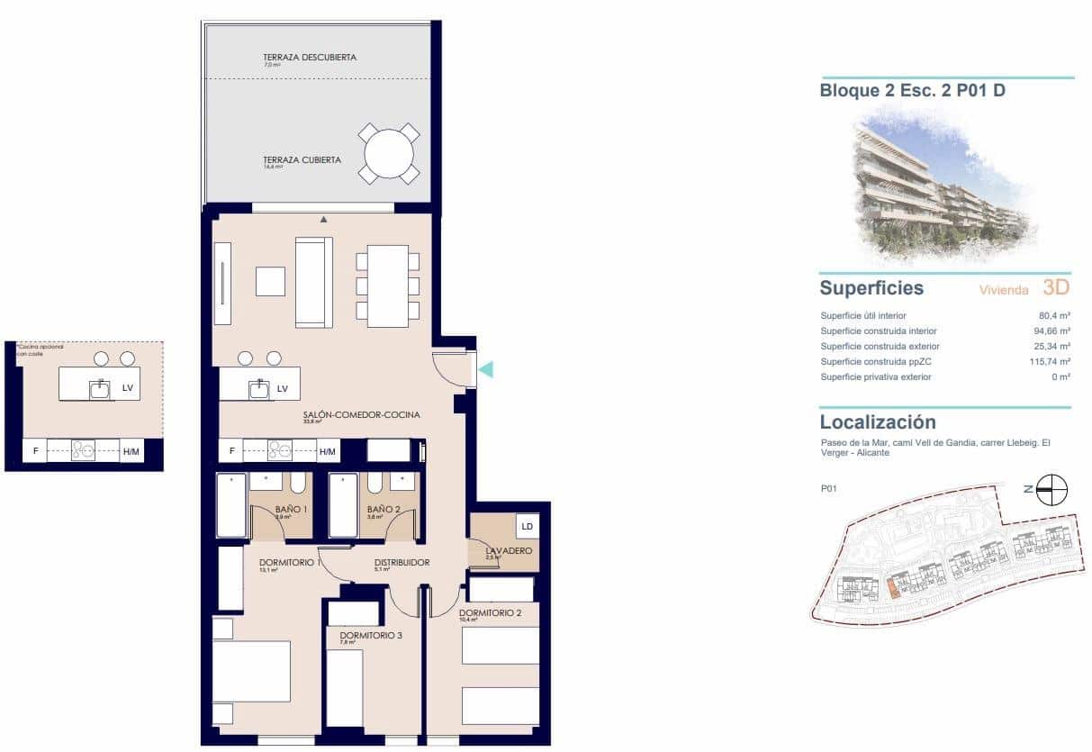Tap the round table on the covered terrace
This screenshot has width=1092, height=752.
389,154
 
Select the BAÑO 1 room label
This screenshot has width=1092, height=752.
292,510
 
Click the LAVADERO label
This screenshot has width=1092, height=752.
509,550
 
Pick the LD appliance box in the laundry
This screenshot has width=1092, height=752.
527,526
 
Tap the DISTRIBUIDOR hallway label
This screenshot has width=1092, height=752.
402,563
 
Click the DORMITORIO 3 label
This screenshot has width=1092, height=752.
371,636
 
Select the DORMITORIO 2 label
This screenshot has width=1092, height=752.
491,613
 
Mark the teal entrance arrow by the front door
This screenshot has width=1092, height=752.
485,368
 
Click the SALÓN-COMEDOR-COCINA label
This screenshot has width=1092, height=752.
362,415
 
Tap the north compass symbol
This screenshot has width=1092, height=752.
1051,490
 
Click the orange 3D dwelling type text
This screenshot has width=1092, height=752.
1055,288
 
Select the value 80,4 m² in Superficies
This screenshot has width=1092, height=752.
1053,316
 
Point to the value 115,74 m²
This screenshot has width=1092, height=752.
1050,362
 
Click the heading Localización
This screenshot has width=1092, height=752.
878,422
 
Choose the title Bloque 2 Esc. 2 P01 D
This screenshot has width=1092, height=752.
913,90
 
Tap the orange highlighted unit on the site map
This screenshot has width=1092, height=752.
892,588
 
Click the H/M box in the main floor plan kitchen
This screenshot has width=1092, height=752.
328,451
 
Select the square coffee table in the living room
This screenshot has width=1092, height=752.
270,281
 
